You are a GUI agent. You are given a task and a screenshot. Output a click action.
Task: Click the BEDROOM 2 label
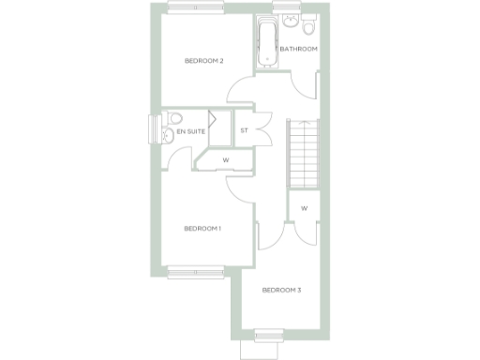pyautogui.click(x=203, y=62)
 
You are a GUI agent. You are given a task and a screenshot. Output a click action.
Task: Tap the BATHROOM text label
pyautogui.click(x=299, y=49)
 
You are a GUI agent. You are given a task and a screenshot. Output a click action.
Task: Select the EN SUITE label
pyautogui.click(x=190, y=132)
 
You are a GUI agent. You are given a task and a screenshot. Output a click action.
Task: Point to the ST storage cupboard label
pyautogui.click(x=244, y=131)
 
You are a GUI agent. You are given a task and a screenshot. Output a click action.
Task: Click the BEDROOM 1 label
pyautogui.click(x=202, y=229)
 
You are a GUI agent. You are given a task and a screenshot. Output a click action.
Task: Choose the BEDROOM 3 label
pyautogui.click(x=281, y=290)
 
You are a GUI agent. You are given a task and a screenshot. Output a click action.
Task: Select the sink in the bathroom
pyautogui.click(x=310, y=22)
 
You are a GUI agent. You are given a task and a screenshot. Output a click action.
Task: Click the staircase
pyautogui.click(x=303, y=155)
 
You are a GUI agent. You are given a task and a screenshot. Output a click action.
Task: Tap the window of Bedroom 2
pyautogui.click(x=195, y=9)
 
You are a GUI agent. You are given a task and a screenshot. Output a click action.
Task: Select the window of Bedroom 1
pyautogui.click(x=195, y=274)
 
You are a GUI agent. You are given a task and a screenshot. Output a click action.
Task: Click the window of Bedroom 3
pyautogui.click(x=268, y=333)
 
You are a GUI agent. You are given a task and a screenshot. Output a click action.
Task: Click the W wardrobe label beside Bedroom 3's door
pyautogui.click(x=305, y=208)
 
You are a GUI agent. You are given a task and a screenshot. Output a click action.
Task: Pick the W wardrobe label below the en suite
pyautogui.click(x=225, y=160)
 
